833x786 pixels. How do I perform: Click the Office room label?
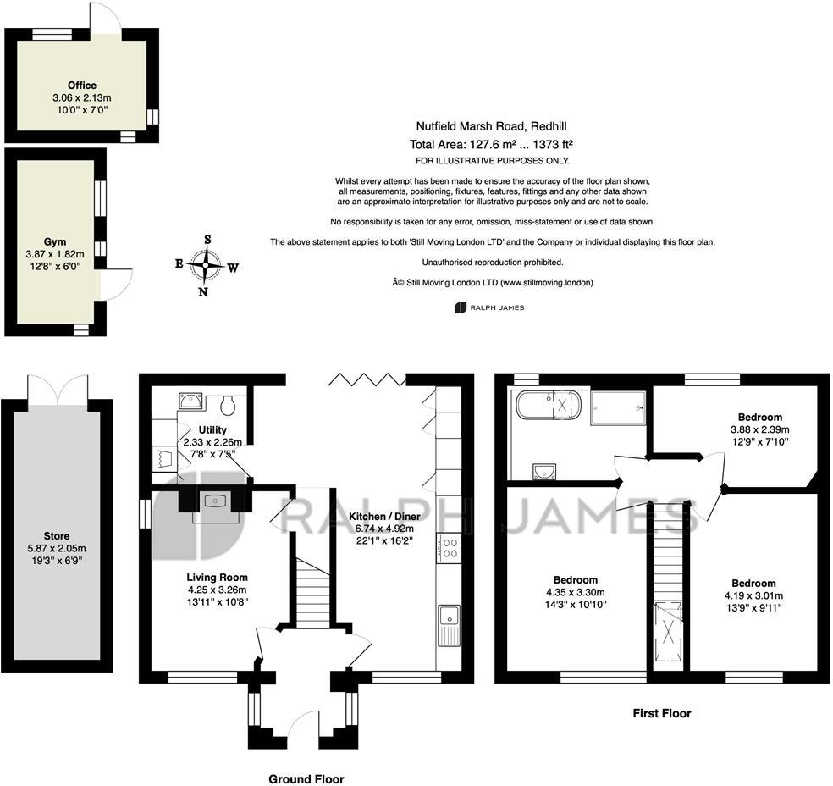(82, 86)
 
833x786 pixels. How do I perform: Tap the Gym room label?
(55, 241)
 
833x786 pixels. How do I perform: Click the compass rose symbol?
(206, 265)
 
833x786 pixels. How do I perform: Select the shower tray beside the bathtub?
(617, 405)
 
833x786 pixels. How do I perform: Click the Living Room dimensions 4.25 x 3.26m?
(217, 589)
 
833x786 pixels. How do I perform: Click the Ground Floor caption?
(306, 779)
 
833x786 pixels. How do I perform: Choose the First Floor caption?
(662, 713)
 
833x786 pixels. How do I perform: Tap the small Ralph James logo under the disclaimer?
(489, 307)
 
